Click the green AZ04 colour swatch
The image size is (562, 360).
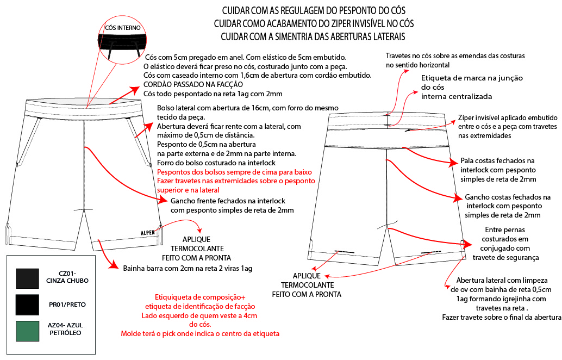pyautogui.click(x=27, y=331)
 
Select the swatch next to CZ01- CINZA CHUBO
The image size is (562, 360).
pyautogui.click(x=27, y=278)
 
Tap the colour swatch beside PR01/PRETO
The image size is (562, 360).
pyautogui.click(x=27, y=305)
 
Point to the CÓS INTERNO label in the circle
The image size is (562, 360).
pyautogui.click(x=123, y=27)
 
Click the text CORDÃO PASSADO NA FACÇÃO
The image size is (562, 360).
pyautogui.click(x=193, y=84)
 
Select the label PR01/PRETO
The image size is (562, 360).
pyautogui.click(x=68, y=305)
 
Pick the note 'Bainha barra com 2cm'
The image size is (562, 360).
pyautogui.click(x=188, y=268)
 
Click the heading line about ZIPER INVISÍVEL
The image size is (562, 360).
pyautogui.click(x=314, y=24)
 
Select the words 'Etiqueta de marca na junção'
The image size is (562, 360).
pyautogui.click(x=472, y=78)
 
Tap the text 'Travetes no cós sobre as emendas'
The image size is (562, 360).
pyautogui.click(x=455, y=56)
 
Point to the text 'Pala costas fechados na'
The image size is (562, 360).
pyautogui.click(x=498, y=161)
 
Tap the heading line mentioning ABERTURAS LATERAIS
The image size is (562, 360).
pyautogui.click(x=314, y=36)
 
